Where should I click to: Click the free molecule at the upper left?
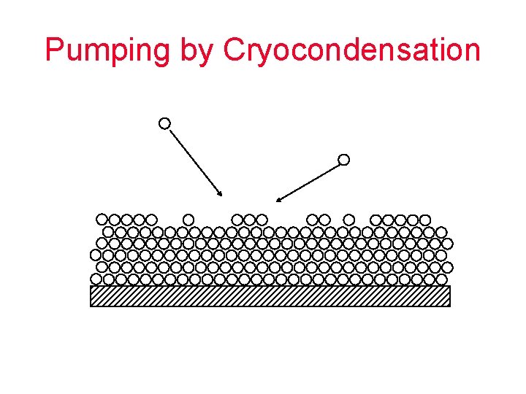pyautogui.click(x=165, y=123)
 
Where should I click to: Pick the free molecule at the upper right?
pyautogui.click(x=343, y=159)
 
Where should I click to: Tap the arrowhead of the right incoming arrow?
pyautogui.click(x=279, y=198)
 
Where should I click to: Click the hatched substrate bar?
pyautogui.click(x=270, y=295)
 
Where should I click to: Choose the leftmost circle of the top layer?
pyautogui.click(x=102, y=219)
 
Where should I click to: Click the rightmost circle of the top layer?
pyautogui.click(x=424, y=219)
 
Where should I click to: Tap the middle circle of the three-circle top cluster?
pyautogui.click(x=249, y=219)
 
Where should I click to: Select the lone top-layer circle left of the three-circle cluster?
pyautogui.click(x=188, y=219)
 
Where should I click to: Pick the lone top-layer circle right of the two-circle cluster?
pyautogui.click(x=349, y=219)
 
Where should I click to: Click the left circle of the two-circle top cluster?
pyautogui.click(x=312, y=219)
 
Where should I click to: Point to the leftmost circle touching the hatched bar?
pyautogui.click(x=96, y=279)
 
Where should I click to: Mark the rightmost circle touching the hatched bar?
pyautogui.click(x=441, y=279)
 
